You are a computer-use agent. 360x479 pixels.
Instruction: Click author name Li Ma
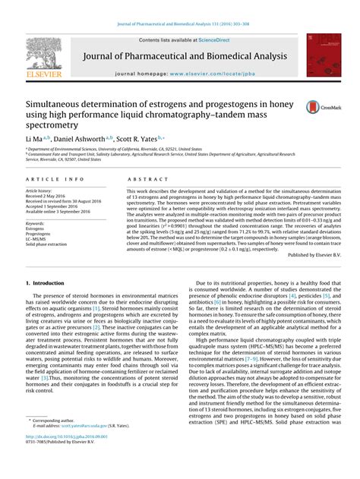point(36,140)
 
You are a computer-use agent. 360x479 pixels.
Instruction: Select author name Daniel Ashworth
point(85,140)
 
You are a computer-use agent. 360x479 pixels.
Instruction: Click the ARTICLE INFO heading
point(51,178)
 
